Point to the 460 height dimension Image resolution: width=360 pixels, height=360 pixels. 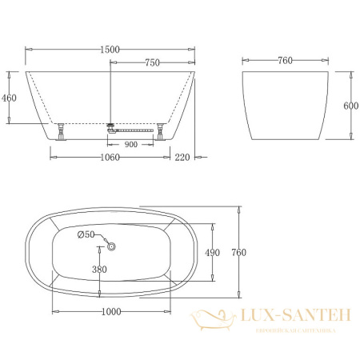point(9,98)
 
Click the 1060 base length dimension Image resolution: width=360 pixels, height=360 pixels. point(109,158)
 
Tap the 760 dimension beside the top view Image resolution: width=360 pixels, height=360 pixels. point(239,253)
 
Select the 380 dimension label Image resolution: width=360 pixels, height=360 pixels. point(99,270)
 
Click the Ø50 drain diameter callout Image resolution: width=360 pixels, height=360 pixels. point(86,234)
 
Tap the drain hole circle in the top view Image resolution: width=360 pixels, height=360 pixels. point(113,246)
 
